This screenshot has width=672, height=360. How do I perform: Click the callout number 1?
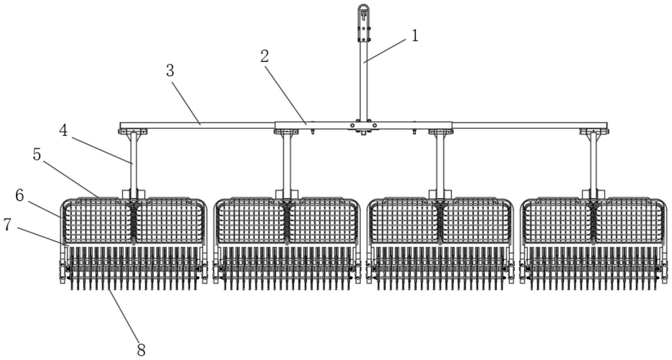click(x=415, y=36)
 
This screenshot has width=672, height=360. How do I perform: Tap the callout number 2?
click(x=264, y=57)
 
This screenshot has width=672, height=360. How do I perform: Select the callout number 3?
click(x=170, y=71)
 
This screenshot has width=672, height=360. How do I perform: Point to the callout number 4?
click(x=63, y=131)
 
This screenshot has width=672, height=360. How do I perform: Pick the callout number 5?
click(x=37, y=155)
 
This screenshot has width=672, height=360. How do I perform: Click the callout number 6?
click(x=20, y=196)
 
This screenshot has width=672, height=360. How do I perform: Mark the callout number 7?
click(x=7, y=225)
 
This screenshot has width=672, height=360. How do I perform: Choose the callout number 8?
click(x=141, y=350)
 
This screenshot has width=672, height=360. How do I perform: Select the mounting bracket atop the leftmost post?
click(x=133, y=132)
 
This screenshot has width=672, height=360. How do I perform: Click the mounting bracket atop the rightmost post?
click(x=594, y=132)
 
